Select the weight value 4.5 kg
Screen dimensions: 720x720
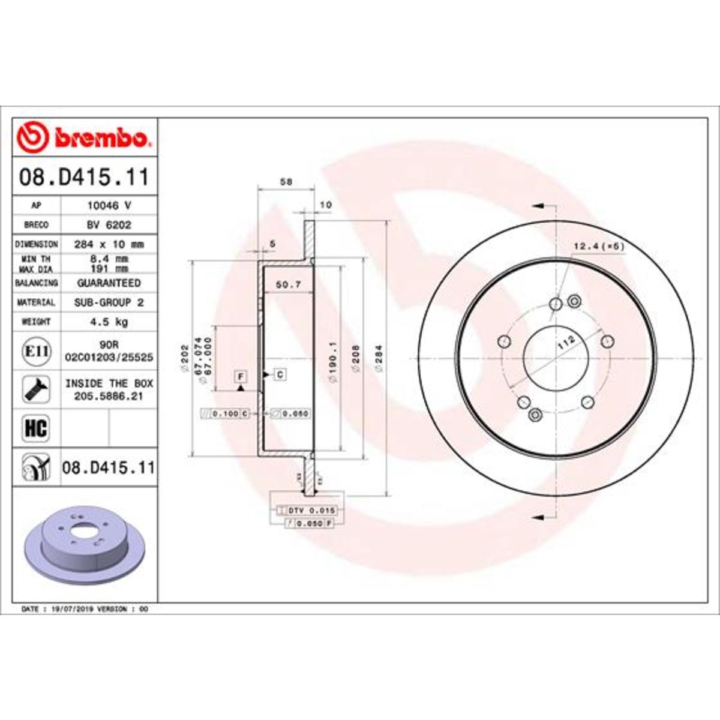coord(109,322)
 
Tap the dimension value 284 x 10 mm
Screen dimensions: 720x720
coord(109,244)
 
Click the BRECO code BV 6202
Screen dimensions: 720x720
coord(109,225)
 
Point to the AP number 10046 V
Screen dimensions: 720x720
coord(109,205)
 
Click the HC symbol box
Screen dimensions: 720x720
coord(35,429)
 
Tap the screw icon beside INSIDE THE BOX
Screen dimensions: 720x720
coord(35,389)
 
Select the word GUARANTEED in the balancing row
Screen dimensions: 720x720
coord(109,283)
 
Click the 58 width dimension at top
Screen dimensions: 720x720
coord(286,182)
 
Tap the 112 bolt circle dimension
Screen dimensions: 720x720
coord(566,344)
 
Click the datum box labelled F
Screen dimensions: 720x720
coord(241,377)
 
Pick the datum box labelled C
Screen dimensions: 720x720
coord(280,375)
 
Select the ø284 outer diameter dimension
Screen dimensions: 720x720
coord(379,359)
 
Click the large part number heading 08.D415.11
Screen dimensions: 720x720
coord(84,178)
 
